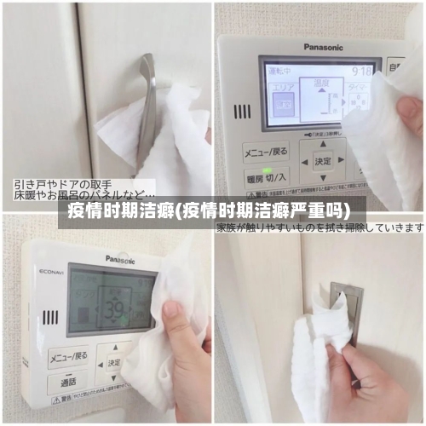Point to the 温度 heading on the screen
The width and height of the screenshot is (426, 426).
tap(321, 82)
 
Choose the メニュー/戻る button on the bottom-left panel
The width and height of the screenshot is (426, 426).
tap(68, 354)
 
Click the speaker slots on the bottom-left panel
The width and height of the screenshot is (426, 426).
tap(51, 316)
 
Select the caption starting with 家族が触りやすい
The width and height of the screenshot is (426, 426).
tap(319, 227)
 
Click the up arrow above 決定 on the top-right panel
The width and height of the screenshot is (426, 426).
tap(323, 142)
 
